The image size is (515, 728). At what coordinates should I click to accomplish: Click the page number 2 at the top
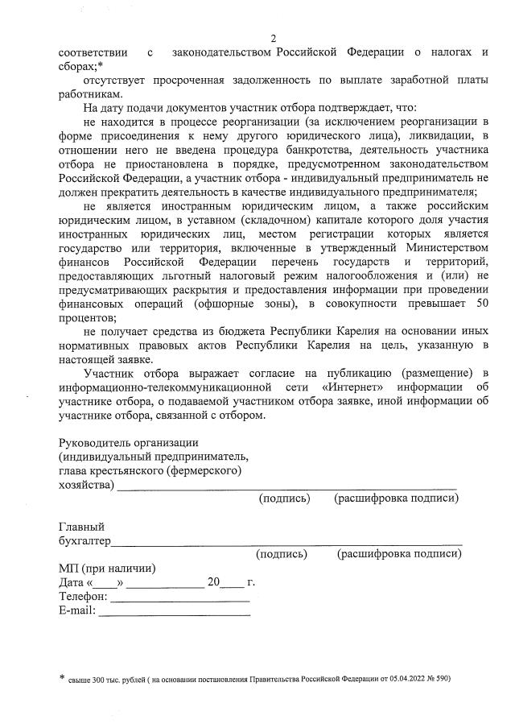coord(274,39)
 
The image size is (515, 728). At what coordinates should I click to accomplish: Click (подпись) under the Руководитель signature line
coord(284,498)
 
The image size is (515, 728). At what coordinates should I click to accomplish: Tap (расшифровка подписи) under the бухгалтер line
coord(399,554)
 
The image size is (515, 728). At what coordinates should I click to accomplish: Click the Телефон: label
coord(83,597)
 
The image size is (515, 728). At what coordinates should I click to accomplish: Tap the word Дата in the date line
coord(72,582)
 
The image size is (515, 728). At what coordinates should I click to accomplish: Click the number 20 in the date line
coord(212,582)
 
